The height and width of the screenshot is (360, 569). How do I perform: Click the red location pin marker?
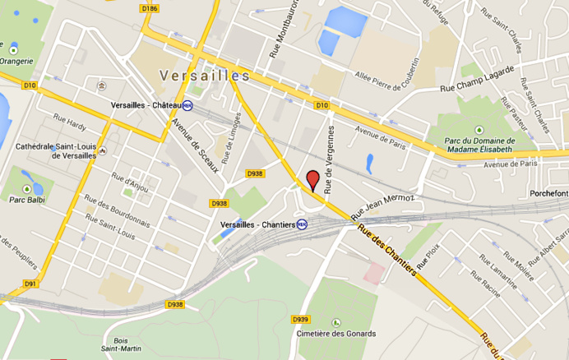[312, 179]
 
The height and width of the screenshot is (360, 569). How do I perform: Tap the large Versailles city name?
[205, 76]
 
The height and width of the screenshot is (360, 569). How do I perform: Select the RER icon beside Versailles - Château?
[188, 105]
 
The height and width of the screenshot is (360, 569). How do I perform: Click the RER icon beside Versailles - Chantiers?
[302, 224]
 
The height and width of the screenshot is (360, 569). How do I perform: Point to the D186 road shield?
[149, 8]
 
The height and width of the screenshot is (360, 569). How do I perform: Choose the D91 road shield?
[30, 284]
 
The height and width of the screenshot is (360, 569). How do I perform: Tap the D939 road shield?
[300, 319]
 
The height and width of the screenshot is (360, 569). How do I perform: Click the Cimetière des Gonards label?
[337, 334]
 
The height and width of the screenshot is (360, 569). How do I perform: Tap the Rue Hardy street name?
[69, 125]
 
